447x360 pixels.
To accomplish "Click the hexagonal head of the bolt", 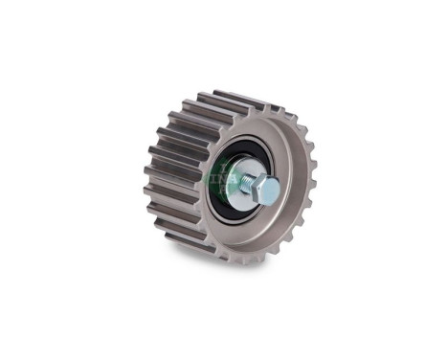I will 269,190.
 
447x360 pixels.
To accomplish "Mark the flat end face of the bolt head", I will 272,191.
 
